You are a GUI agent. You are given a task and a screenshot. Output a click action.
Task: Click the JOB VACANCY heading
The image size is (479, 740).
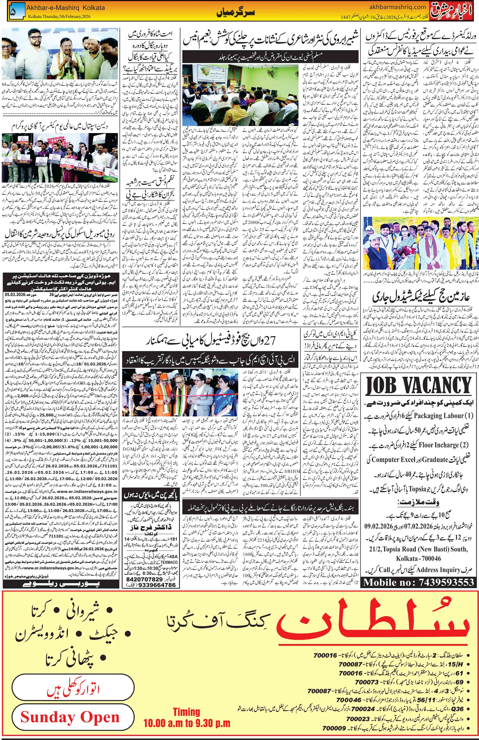pos(419,387)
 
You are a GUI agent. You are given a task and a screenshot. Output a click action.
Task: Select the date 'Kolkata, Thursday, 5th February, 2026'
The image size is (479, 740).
pos(59,16)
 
